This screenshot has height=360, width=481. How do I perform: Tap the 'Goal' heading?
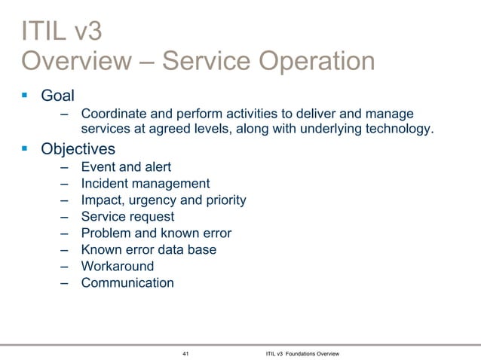[57, 96]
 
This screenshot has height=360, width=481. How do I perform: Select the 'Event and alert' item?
[126, 166]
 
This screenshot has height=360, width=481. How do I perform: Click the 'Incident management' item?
[146, 183]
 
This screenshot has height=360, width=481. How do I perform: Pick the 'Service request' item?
[127, 216]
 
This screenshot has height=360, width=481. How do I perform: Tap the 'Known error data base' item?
[149, 249]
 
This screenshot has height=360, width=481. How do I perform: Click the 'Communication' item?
[127, 283]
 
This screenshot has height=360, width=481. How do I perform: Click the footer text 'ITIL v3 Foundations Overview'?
[303, 352]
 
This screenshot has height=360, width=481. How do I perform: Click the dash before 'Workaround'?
[66, 266]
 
